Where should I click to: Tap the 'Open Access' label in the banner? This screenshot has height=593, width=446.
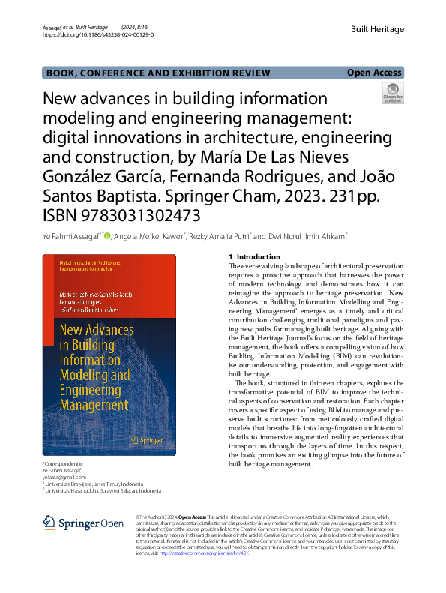pyautogui.click(x=374, y=73)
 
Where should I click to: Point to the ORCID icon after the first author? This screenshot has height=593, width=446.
pyautogui.click(x=107, y=235)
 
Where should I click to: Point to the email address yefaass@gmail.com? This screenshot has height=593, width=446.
pyautogui.click(x=64, y=477)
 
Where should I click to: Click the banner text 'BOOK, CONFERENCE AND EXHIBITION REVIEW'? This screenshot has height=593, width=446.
pyautogui.click(x=157, y=73)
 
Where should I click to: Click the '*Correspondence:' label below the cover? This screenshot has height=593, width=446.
pyautogui.click(x=64, y=463)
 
